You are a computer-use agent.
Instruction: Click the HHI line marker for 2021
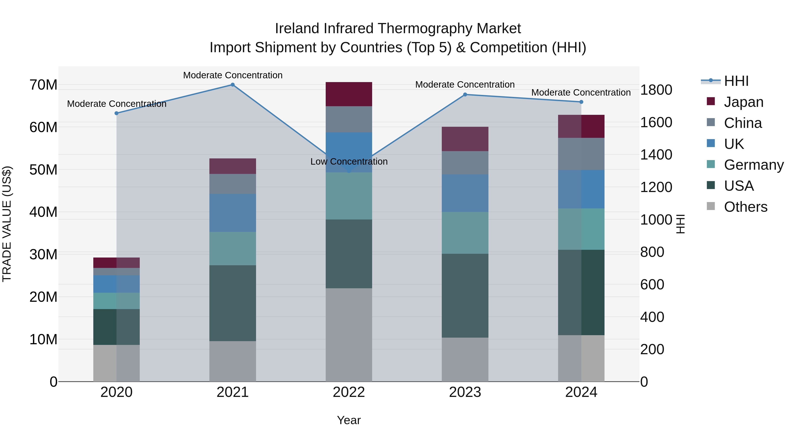(233, 85)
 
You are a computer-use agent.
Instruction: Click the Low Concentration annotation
(349, 162)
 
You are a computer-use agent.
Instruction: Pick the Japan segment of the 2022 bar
(349, 94)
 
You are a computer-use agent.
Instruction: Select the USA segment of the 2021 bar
(233, 303)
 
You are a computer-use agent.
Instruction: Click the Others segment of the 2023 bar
(465, 359)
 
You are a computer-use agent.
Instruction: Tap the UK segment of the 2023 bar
(465, 193)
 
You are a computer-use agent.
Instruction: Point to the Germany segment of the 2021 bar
(233, 249)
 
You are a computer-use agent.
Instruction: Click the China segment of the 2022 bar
(349, 119)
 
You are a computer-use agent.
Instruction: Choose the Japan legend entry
(743, 102)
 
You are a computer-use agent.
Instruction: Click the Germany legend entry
(753, 165)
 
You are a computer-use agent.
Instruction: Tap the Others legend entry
(745, 207)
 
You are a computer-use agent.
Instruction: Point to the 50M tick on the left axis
(43, 170)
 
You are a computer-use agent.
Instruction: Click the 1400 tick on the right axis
(656, 155)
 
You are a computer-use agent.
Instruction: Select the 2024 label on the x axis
(581, 392)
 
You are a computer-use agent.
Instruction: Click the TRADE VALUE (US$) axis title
(7, 224)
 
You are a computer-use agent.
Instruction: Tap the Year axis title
(349, 420)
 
